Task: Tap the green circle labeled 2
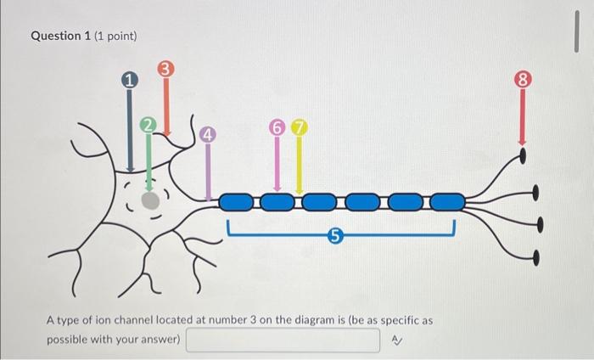[148, 126]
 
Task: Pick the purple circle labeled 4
[209, 135]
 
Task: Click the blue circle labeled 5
[334, 238]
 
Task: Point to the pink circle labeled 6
[277, 127]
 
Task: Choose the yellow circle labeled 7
[299, 127]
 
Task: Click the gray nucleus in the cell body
[149, 200]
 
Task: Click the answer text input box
[283, 340]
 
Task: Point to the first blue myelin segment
[236, 202]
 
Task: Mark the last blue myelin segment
[447, 202]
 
